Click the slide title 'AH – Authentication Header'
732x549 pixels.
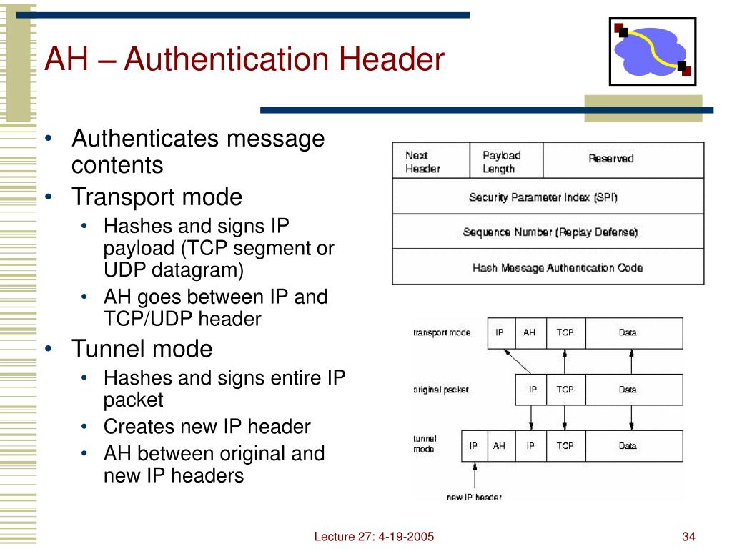(x=244, y=59)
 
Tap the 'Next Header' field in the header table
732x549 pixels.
(x=422, y=162)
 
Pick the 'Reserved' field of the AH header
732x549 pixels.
(x=611, y=159)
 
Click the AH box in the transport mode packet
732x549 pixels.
(x=529, y=332)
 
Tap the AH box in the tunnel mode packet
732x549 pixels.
(x=499, y=445)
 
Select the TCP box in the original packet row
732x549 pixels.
(x=565, y=390)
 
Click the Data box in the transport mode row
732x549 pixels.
(x=628, y=332)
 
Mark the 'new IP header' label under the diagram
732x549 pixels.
(x=474, y=497)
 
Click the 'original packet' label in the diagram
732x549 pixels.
(x=441, y=390)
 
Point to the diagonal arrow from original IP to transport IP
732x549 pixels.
(x=516, y=362)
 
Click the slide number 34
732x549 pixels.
(x=689, y=537)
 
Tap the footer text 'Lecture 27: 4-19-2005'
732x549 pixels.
(x=374, y=537)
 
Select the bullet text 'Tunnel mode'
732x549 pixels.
(x=142, y=350)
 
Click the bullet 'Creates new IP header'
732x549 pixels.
(x=207, y=427)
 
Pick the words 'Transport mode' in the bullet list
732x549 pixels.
(x=157, y=197)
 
